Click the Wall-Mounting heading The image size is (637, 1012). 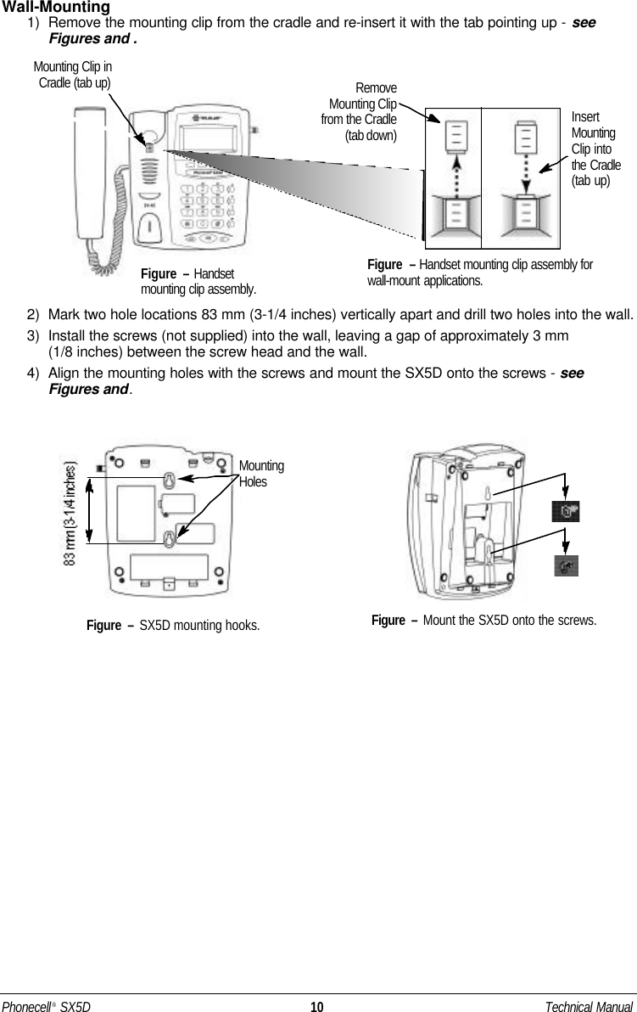coord(57,8)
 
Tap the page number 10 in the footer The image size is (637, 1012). coord(316,1007)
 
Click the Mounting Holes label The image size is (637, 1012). coord(260,474)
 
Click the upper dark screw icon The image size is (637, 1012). coord(566,511)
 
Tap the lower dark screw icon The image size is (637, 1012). coord(566,565)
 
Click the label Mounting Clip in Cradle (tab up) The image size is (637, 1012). coord(73,74)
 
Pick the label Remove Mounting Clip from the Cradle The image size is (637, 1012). coord(360,111)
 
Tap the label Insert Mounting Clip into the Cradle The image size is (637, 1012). coord(595,149)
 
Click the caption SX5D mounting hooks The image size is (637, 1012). coord(173,626)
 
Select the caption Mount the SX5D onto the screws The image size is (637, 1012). coord(483,621)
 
